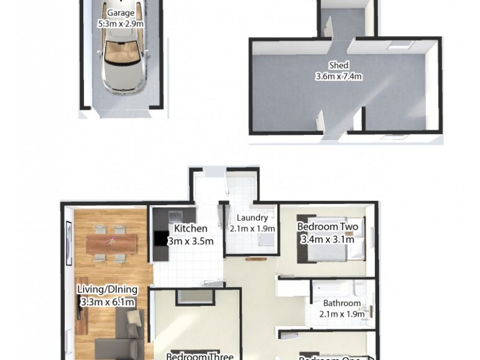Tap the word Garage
(x=121, y=14)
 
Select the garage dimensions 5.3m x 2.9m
(x=121, y=25)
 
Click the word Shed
(x=338, y=65)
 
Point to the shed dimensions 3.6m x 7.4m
(x=339, y=76)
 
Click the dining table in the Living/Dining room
(x=111, y=243)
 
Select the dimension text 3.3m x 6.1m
(x=107, y=302)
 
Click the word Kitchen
(x=191, y=229)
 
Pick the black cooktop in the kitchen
(x=160, y=239)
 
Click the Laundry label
(x=252, y=218)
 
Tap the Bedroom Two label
(x=328, y=227)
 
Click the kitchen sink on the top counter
(x=176, y=214)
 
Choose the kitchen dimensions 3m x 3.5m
(x=190, y=241)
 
